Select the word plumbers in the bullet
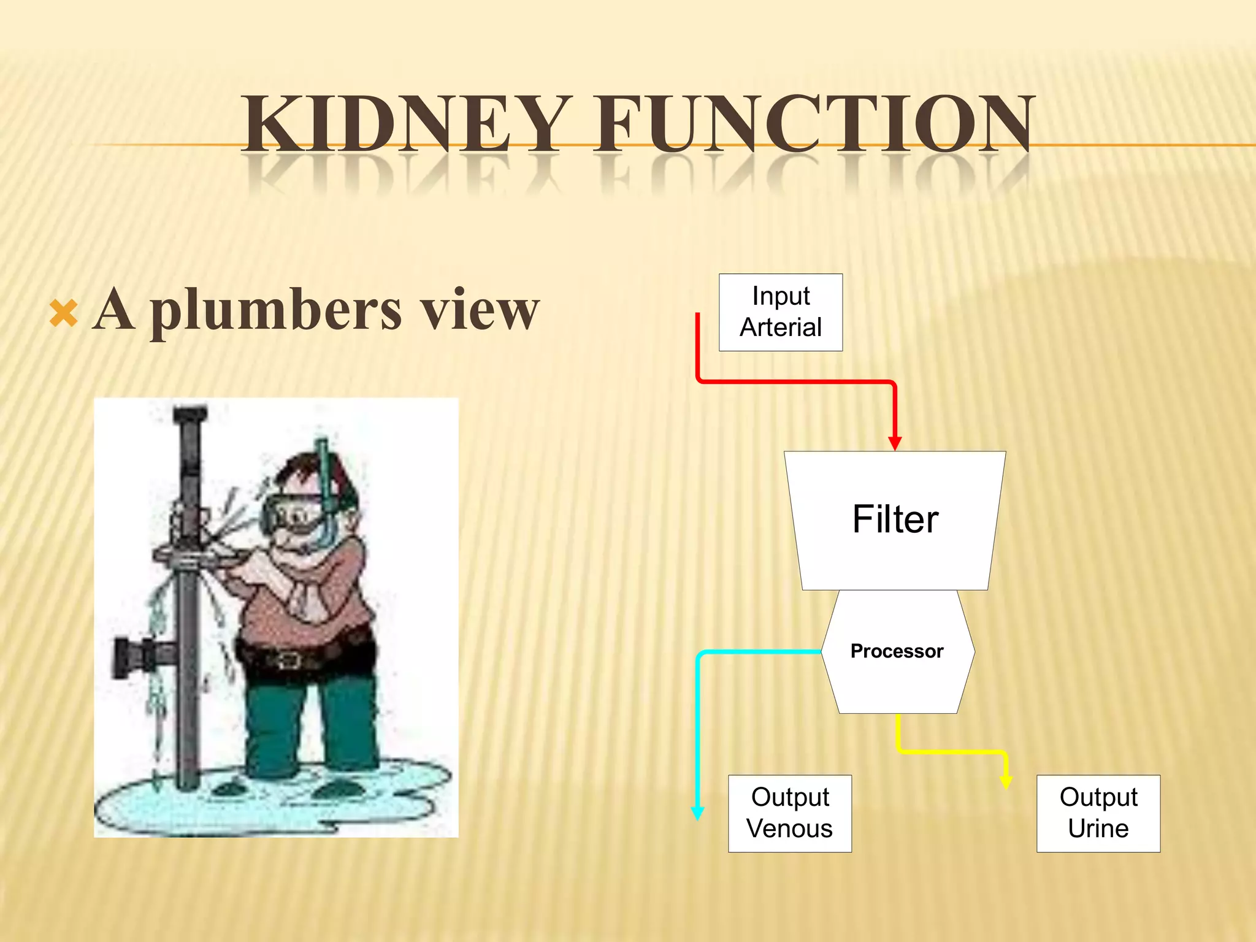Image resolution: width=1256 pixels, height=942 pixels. (x=276, y=310)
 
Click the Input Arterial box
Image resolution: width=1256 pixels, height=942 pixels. (x=781, y=312)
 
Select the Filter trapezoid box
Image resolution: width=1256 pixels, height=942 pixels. (x=895, y=520)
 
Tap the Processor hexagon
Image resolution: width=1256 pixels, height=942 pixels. (x=897, y=651)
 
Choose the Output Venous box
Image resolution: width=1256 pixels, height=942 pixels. (x=790, y=813)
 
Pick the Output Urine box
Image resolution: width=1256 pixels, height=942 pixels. (x=1098, y=813)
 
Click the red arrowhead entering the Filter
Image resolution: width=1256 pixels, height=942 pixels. (x=895, y=443)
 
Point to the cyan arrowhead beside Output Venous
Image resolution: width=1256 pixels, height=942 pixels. (x=697, y=813)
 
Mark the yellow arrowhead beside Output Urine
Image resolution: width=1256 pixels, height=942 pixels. (x=1006, y=781)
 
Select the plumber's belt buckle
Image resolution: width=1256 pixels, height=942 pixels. (x=287, y=660)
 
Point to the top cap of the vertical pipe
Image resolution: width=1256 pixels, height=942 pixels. (x=190, y=414)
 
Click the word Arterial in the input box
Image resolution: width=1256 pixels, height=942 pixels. (x=781, y=327)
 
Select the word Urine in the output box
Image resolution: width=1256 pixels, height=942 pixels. (x=1098, y=829)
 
